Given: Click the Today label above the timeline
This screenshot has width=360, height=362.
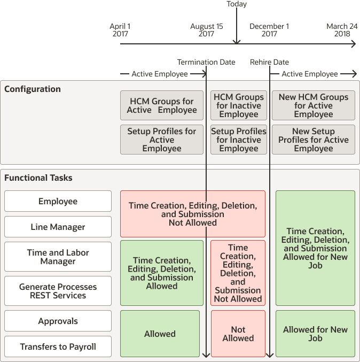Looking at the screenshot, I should (x=237, y=4).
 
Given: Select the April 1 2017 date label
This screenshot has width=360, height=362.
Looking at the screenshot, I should (x=120, y=30).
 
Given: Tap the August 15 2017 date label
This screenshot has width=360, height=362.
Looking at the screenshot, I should (x=207, y=30).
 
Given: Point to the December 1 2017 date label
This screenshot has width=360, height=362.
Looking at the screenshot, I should (x=269, y=30).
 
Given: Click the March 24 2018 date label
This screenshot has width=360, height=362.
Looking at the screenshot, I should (x=342, y=30).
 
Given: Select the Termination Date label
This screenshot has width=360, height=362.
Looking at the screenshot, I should (x=206, y=62).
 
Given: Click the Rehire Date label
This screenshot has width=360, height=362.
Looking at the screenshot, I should (x=269, y=62).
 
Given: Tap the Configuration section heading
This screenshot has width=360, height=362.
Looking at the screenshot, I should (x=33, y=89).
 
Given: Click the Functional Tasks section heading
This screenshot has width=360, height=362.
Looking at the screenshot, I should (x=38, y=178).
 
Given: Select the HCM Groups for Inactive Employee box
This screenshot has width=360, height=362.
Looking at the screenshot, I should (x=238, y=105).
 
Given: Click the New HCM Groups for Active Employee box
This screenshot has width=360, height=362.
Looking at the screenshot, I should (x=314, y=105).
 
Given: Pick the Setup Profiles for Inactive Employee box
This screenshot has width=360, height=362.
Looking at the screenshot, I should (x=238, y=140).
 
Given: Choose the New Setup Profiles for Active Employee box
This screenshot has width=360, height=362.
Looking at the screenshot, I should (x=314, y=140).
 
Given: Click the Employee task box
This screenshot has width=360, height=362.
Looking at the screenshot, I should (x=58, y=202).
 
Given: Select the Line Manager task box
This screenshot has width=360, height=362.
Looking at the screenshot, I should (x=58, y=227).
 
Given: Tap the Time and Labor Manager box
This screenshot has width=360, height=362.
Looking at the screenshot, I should (x=58, y=257).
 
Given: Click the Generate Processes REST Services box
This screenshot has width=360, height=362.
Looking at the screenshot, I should (x=58, y=291).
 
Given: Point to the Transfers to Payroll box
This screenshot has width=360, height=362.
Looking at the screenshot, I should (x=58, y=346).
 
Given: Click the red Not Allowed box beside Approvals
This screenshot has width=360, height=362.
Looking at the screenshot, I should (x=238, y=334).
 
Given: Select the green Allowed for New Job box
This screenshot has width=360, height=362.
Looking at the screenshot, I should (x=315, y=334).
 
